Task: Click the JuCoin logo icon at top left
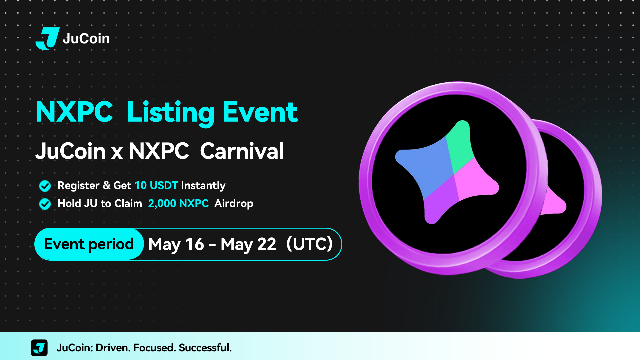(x=48, y=38)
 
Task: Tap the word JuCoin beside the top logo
(x=86, y=39)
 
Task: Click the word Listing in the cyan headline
(x=171, y=113)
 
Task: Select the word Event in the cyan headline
(x=260, y=112)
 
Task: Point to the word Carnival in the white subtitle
(x=242, y=151)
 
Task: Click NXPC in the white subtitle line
(x=159, y=151)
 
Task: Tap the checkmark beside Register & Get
(x=45, y=186)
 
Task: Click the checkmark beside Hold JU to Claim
(x=45, y=204)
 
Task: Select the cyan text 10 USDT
(x=156, y=185)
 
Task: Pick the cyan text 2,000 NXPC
(x=178, y=203)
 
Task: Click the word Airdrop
(x=234, y=204)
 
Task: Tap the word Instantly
(x=203, y=186)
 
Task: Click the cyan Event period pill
(x=89, y=244)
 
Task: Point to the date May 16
(x=176, y=244)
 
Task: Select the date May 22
(x=248, y=244)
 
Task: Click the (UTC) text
(x=309, y=244)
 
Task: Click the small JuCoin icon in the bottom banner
(x=39, y=348)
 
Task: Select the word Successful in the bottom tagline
(x=205, y=348)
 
